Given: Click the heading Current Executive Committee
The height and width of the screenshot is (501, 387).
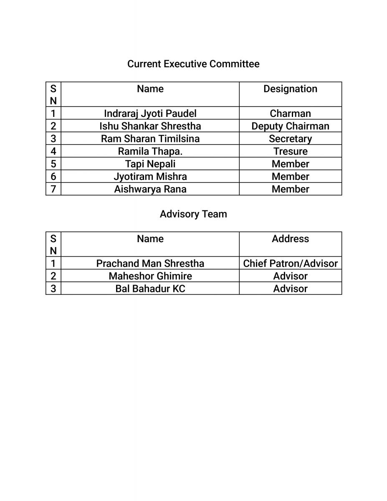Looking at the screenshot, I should click(x=193, y=64).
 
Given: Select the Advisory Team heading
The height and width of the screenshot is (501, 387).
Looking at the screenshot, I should click(x=193, y=214).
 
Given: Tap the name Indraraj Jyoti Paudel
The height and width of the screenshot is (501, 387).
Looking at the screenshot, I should click(x=150, y=114).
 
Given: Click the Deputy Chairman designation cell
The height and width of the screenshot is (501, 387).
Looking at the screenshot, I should click(x=290, y=126).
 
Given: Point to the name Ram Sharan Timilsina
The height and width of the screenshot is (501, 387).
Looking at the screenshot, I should click(x=150, y=139).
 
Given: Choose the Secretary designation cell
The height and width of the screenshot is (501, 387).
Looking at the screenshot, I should click(x=290, y=139).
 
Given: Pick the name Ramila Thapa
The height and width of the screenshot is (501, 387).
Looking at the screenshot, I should click(x=150, y=151).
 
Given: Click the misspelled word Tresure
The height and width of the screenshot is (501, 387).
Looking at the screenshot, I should click(x=290, y=151).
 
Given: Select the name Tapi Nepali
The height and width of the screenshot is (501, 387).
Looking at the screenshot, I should click(x=150, y=164).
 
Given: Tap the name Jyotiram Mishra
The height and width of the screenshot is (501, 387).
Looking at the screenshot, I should click(x=150, y=176).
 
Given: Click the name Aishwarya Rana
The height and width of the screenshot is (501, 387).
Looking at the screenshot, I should click(x=150, y=189).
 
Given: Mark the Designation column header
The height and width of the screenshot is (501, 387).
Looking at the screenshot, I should click(x=290, y=89).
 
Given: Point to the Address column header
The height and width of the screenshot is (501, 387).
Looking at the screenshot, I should click(x=290, y=239).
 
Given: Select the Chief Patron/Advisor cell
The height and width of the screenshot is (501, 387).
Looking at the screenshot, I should click(x=290, y=263).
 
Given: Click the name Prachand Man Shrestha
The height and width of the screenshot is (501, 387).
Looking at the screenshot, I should click(x=150, y=263).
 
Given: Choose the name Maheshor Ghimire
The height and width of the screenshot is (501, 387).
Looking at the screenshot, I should click(x=150, y=276).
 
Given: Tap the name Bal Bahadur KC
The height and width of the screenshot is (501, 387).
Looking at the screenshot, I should click(x=150, y=288).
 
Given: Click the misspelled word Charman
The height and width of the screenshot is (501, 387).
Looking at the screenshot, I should click(x=290, y=114).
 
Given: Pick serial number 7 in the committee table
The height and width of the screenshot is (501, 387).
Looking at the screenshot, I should click(x=53, y=189).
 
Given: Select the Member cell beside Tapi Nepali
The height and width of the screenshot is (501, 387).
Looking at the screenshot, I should click(x=290, y=164).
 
